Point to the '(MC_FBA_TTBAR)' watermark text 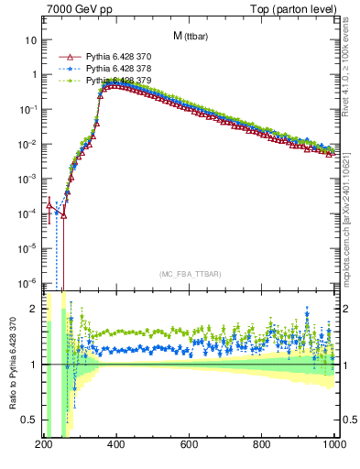[x=191, y=274]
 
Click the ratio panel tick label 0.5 [x=29, y=420]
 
